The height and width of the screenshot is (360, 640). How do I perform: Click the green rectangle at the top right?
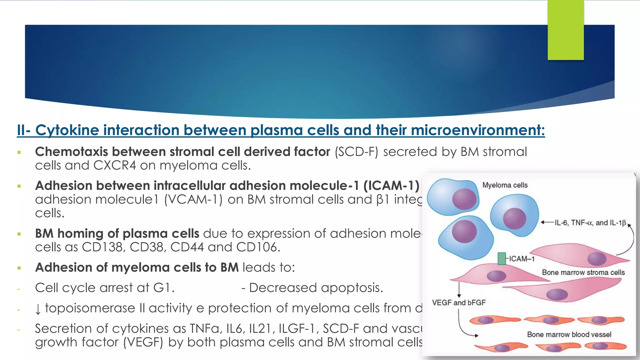pos(566,30)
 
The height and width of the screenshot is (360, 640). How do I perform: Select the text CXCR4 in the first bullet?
pos(114,165)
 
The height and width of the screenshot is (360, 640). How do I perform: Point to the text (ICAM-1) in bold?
pos(391,186)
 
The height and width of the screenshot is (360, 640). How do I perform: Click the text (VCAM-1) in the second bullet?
pos(193,200)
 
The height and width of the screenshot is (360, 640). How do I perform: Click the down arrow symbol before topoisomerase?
pos(38,309)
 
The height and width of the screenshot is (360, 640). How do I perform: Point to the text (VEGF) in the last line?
pos(143,342)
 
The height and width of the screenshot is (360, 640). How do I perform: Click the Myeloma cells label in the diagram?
pos(505,185)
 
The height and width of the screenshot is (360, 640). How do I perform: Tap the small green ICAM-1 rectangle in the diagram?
pos(502,259)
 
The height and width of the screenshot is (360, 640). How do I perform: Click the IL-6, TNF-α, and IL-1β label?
pos(590,223)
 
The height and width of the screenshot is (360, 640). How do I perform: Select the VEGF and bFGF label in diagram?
pos(459,302)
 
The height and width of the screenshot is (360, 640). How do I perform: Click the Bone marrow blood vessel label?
pos(569,334)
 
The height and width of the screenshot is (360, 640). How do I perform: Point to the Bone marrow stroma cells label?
pos(583,272)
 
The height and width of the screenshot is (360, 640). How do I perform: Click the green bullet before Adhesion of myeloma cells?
pos(19,268)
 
